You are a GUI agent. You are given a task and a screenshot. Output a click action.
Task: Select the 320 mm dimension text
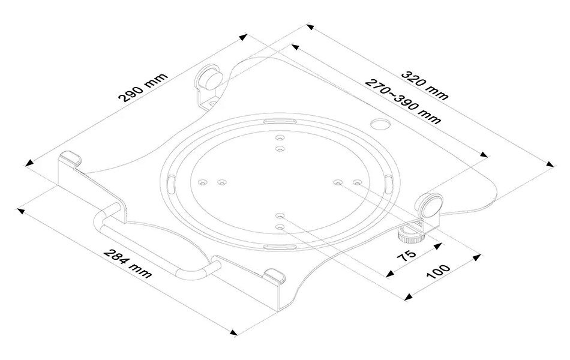tap(424, 85)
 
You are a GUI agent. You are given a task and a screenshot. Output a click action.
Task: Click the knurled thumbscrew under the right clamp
tap(410, 233)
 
